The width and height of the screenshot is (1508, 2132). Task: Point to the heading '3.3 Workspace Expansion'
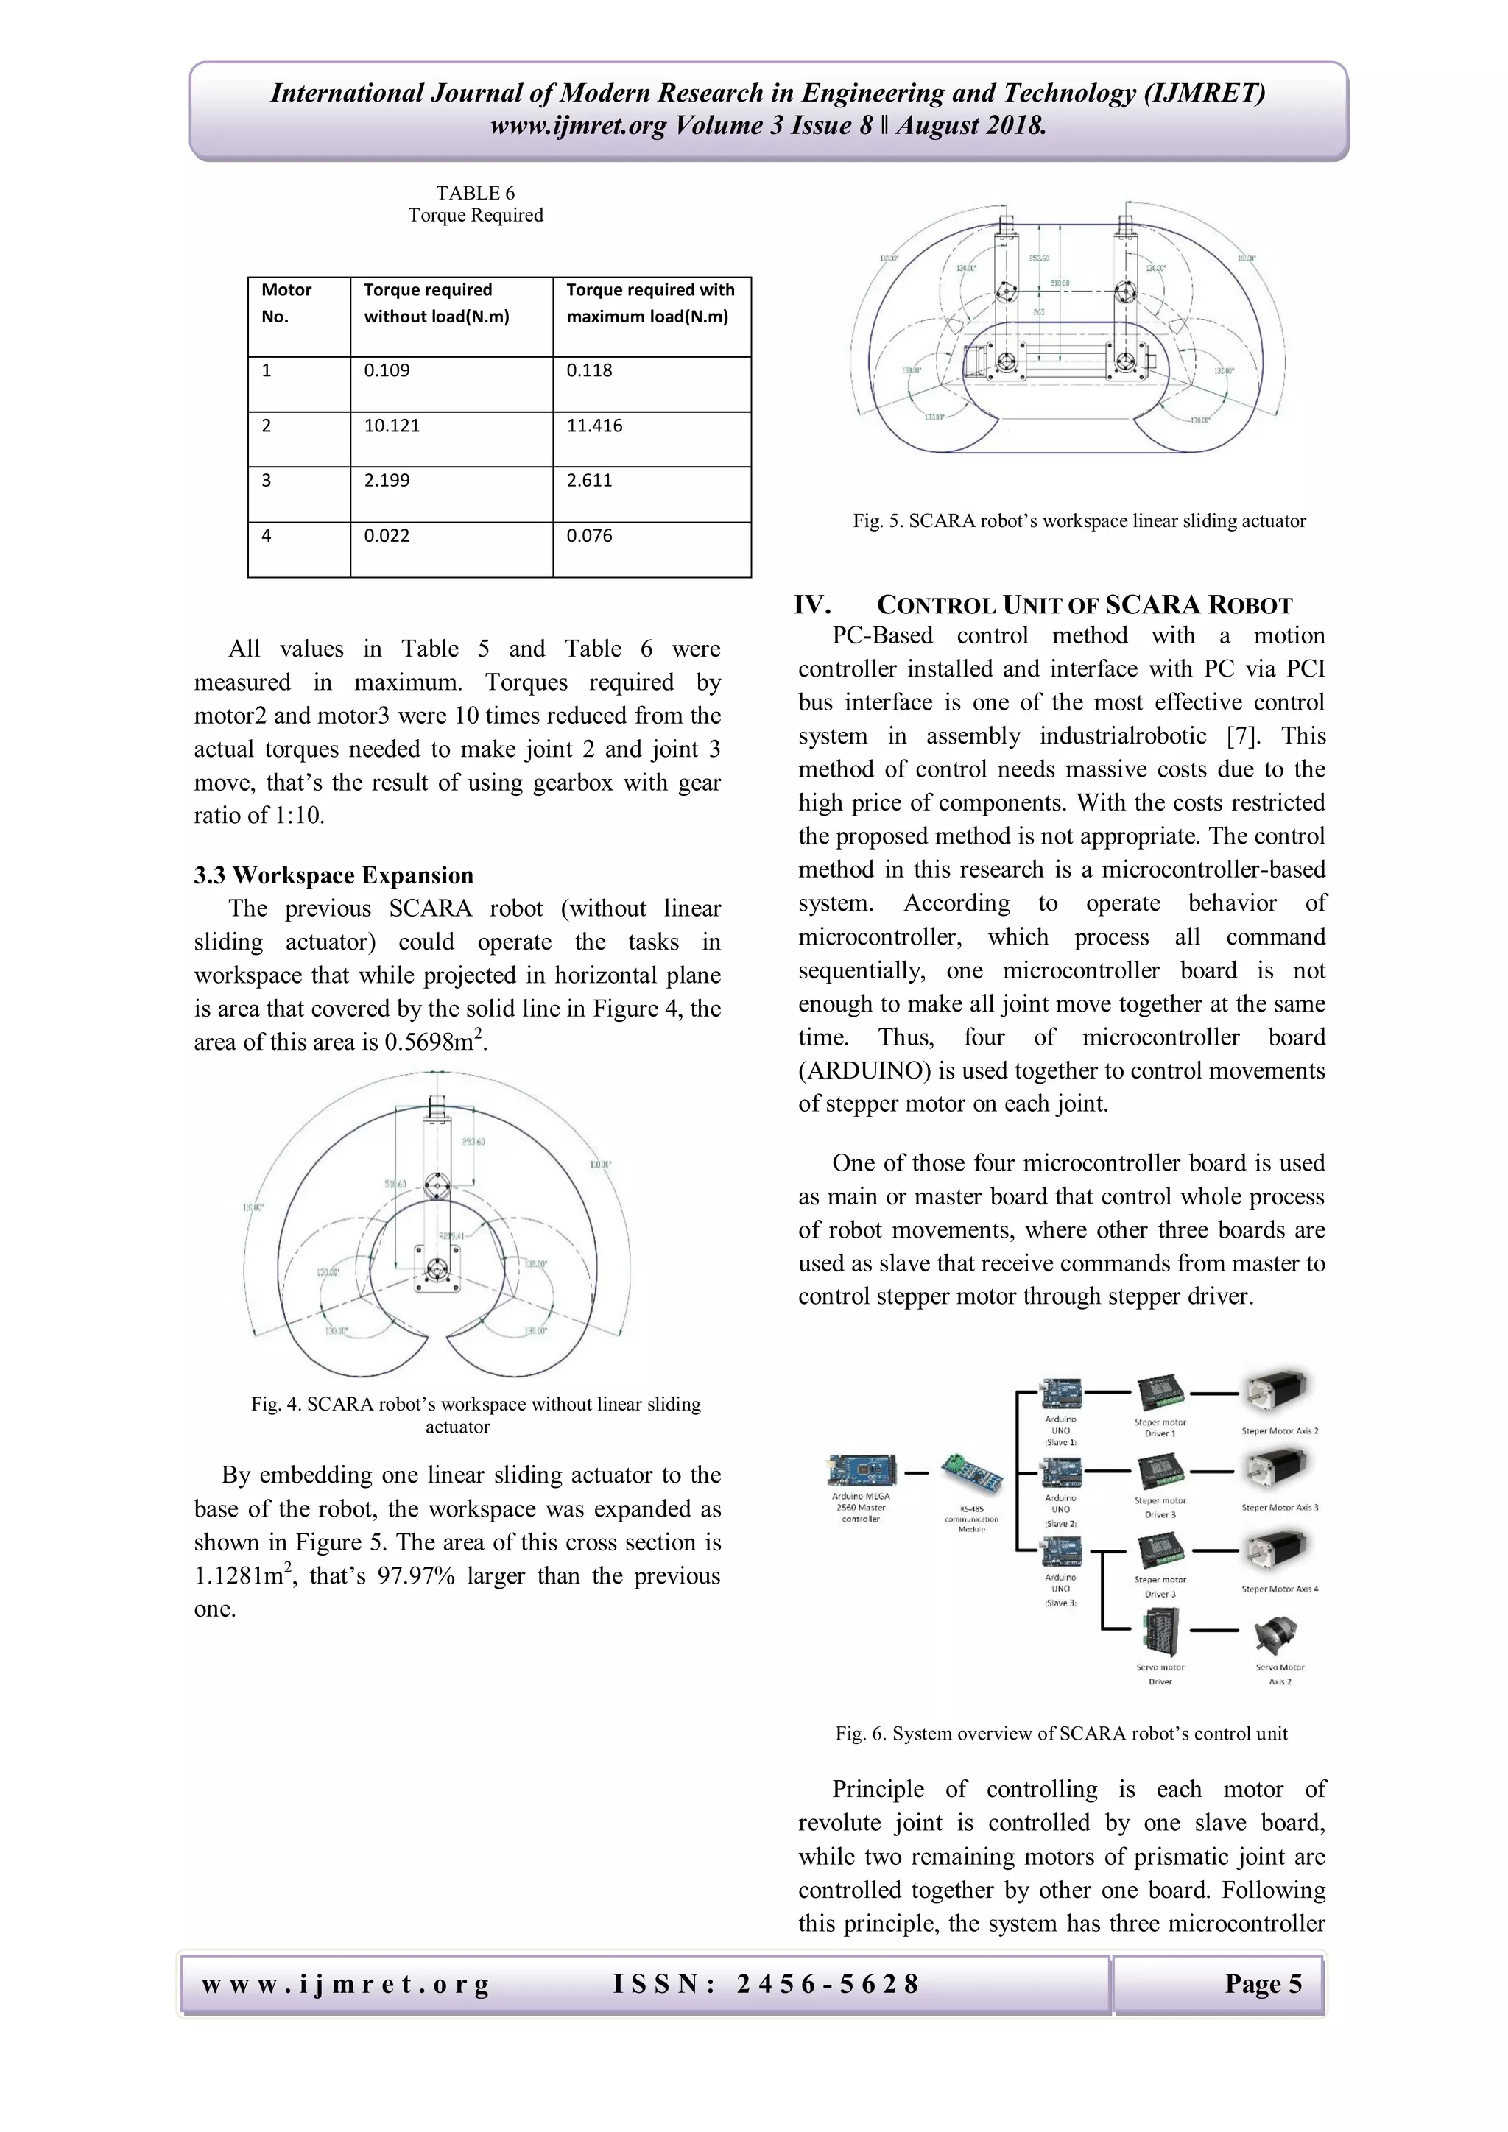click(x=334, y=875)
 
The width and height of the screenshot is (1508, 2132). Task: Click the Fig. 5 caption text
click(x=1079, y=521)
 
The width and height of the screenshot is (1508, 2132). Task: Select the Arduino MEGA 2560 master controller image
click(x=861, y=1471)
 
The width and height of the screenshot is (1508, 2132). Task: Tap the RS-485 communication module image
click(x=970, y=1474)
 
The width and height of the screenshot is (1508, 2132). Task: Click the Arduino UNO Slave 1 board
click(x=1061, y=1393)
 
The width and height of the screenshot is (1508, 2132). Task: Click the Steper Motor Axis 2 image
click(x=1279, y=1390)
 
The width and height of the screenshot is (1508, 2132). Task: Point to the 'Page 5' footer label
click(x=1262, y=1984)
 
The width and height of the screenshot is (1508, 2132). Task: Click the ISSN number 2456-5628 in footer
click(x=826, y=1984)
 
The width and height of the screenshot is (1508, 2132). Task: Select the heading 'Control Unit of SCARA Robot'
click(x=1084, y=605)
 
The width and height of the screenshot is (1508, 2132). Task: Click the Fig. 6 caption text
click(x=1060, y=1734)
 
